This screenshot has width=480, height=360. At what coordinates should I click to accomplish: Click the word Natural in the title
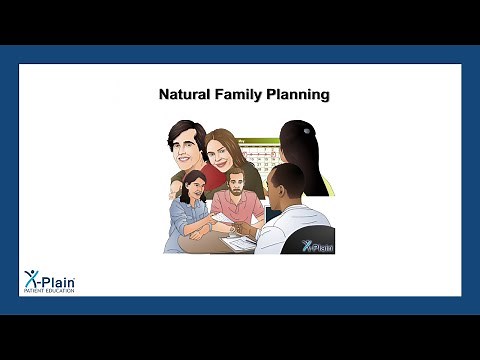pyautogui.click(x=184, y=95)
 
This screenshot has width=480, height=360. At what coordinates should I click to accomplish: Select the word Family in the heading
pyautogui.click(x=238, y=95)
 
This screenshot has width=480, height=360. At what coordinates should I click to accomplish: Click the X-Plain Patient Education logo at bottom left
pyautogui.click(x=49, y=281)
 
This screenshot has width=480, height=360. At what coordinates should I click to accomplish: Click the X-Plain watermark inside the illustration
pyautogui.click(x=317, y=244)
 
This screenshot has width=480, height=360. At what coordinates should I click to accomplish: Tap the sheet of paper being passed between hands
pyautogui.click(x=222, y=218)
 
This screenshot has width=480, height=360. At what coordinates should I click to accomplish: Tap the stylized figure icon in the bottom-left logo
pyautogui.click(x=31, y=278)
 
